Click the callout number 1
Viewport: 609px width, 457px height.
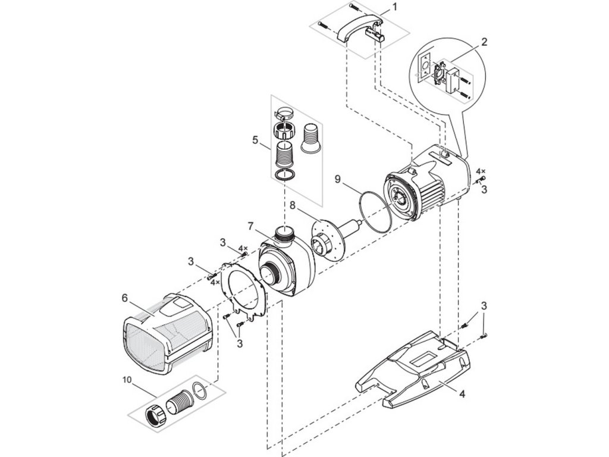click(x=393, y=8)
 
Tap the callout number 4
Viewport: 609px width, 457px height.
click(x=462, y=393)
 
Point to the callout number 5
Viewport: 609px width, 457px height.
click(x=255, y=140)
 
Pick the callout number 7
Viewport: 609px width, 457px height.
click(x=251, y=227)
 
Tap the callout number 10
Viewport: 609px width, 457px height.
click(x=127, y=378)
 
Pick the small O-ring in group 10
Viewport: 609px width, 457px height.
click(x=203, y=390)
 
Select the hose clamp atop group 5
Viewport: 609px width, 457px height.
click(x=286, y=112)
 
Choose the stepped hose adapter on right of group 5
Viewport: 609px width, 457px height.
click(x=311, y=140)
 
